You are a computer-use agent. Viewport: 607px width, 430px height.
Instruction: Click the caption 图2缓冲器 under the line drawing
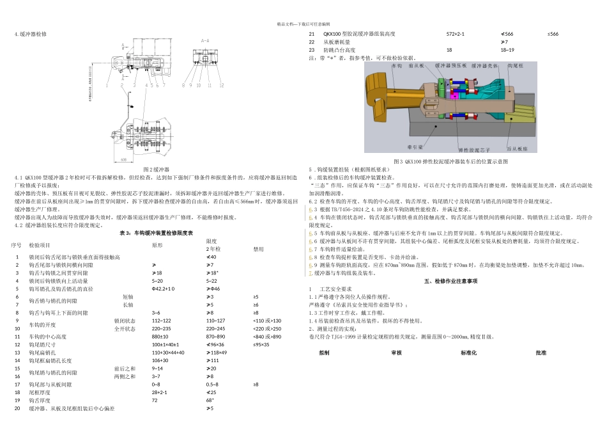[154, 169]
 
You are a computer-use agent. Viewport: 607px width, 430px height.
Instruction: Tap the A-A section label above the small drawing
[205, 40]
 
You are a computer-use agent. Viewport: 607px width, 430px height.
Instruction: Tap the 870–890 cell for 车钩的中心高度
[215, 336]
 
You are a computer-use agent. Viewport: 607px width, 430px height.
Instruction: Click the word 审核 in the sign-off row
[396, 353]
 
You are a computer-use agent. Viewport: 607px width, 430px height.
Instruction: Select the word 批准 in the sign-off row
[541, 353]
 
